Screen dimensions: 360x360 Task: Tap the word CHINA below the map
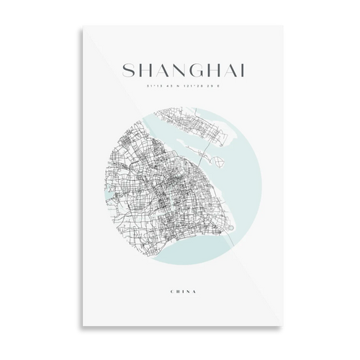[x=180, y=292]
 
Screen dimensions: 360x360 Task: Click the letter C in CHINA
[x=171, y=292]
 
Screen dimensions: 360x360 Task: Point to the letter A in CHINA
[x=190, y=292]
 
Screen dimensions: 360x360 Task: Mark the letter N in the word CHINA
[x=185, y=292]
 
